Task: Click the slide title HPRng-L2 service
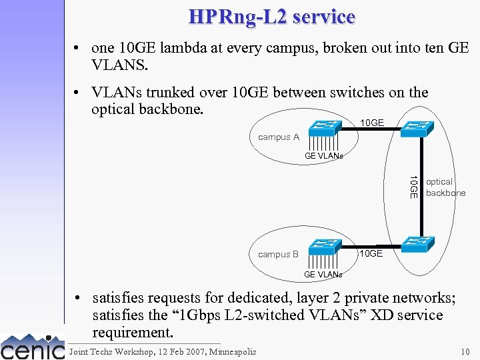point(271,17)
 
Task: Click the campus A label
point(278,137)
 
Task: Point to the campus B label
point(278,254)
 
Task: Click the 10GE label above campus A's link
point(371,123)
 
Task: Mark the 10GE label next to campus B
point(371,253)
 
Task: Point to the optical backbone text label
point(445,187)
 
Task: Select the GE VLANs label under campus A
point(323,156)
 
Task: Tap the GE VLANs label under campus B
point(323,275)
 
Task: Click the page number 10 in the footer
point(464,351)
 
